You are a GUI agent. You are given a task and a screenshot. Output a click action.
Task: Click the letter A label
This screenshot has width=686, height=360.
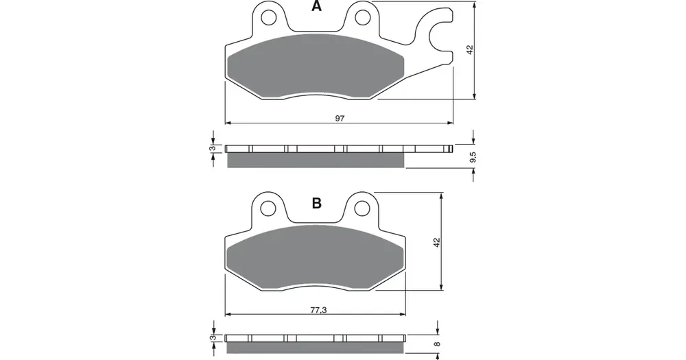tap(316, 6)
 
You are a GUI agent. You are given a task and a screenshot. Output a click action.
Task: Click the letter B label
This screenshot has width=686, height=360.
tap(316, 203)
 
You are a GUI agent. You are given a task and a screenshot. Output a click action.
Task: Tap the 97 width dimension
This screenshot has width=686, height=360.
tap(340, 118)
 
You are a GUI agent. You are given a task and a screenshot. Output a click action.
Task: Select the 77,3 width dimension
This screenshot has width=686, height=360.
tap(318, 310)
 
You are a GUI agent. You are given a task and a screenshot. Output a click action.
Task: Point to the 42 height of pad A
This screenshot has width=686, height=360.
tap(471, 50)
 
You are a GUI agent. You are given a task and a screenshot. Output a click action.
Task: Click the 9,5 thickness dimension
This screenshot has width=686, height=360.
tap(472, 158)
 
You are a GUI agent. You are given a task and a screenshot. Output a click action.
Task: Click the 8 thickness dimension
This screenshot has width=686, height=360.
tap(436, 344)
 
